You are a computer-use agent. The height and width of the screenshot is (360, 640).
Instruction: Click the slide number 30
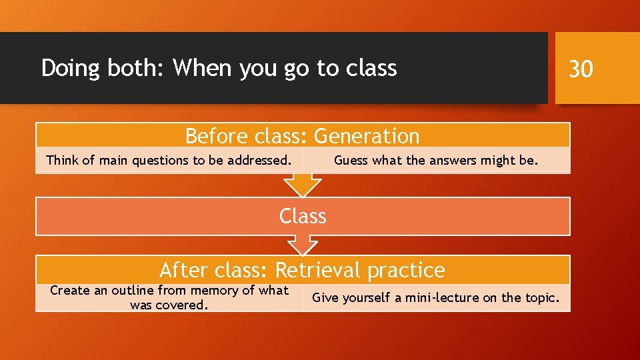tap(580, 68)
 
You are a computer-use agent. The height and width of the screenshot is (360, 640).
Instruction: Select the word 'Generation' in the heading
tap(367, 136)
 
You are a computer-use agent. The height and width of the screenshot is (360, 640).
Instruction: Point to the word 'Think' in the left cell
tap(61, 160)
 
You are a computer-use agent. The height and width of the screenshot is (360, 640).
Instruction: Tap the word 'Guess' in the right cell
tap(351, 160)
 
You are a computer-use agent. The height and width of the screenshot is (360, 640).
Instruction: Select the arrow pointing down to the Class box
tap(303, 184)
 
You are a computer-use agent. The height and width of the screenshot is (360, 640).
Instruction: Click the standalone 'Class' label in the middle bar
tap(303, 216)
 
